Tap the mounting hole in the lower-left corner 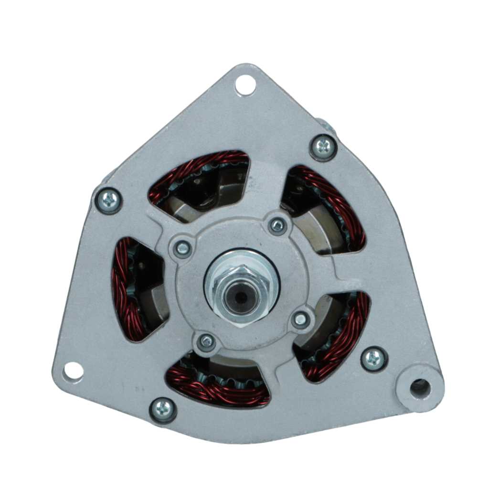(x=73, y=371)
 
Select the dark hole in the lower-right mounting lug (x=420, y=387)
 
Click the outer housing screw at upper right (x=323, y=147)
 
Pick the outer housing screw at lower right (x=373, y=359)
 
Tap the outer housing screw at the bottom (x=163, y=409)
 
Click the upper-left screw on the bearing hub (x=182, y=247)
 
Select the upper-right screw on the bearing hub (x=277, y=225)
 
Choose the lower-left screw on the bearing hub (x=206, y=341)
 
